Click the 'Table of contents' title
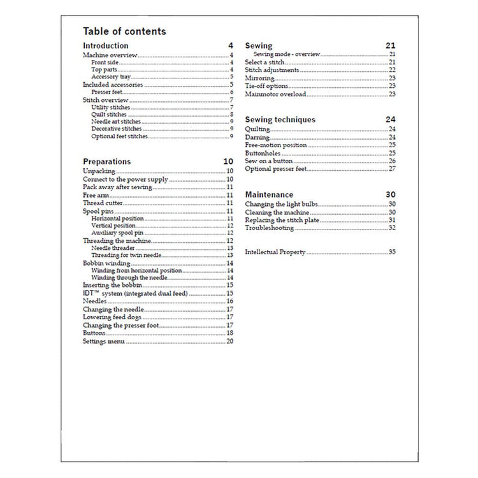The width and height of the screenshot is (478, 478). (124, 31)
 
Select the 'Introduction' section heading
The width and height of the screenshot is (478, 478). (106, 46)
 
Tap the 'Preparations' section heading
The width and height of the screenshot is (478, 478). (107, 162)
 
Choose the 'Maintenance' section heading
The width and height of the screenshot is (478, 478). (269, 194)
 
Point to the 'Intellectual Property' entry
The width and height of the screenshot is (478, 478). (275, 252)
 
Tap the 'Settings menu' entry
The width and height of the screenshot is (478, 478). (104, 342)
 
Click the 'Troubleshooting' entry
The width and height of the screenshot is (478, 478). (270, 228)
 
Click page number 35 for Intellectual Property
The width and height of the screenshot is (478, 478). (392, 252)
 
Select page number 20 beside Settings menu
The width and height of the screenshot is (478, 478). (230, 342)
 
